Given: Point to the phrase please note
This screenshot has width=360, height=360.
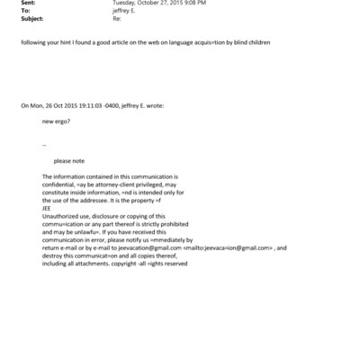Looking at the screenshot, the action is click(x=68, y=161).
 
